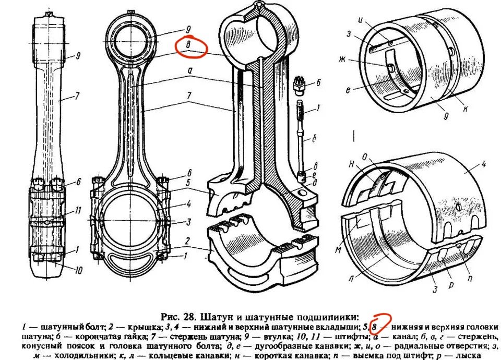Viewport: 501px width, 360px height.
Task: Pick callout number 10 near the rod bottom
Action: pyautogui.click(x=78, y=270)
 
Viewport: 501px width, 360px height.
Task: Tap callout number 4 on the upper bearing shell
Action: pyautogui.click(x=484, y=165)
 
